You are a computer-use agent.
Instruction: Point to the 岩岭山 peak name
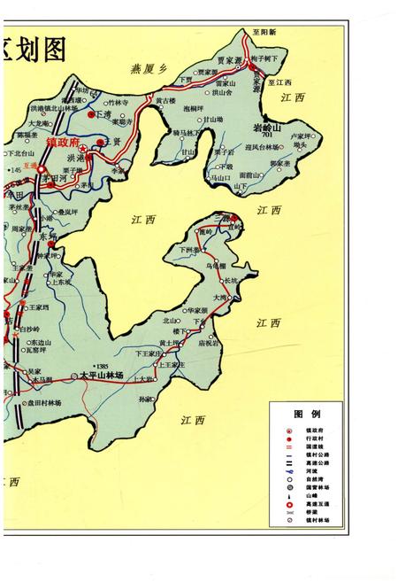coord(265,128)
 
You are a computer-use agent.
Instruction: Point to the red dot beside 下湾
coord(90,113)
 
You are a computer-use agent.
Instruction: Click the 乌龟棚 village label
coord(216,265)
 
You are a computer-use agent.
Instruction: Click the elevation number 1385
coord(108,366)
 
